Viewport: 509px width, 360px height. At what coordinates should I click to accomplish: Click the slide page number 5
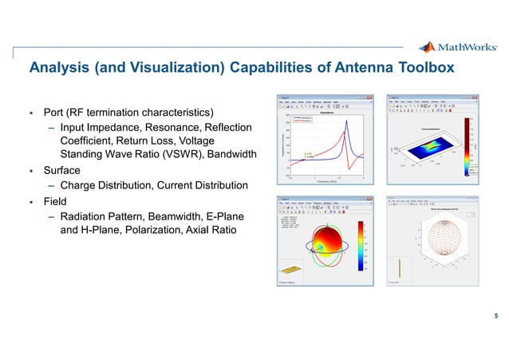(496, 315)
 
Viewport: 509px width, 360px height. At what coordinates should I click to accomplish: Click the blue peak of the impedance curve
(345, 121)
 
